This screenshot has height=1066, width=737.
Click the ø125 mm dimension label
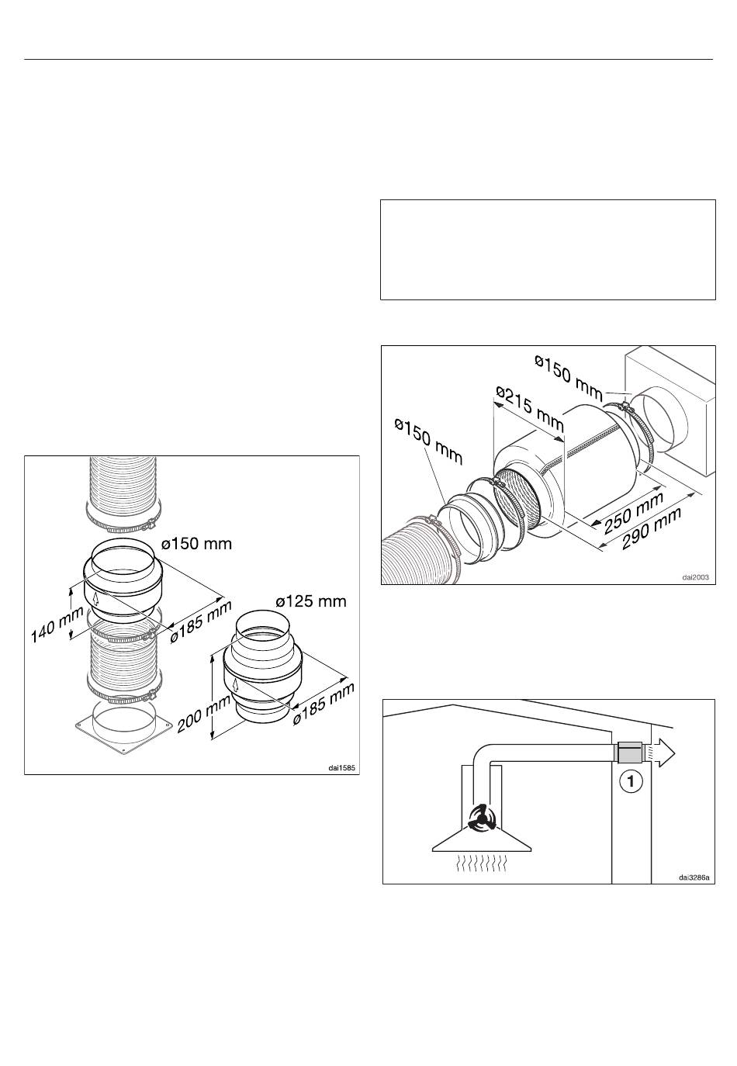click(x=310, y=601)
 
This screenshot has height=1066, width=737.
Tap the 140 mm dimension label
click(x=57, y=624)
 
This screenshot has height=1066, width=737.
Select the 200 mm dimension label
click(x=203, y=712)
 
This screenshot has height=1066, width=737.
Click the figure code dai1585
click(x=341, y=767)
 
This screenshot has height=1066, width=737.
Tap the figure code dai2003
click(x=695, y=577)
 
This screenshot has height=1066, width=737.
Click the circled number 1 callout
click(x=631, y=781)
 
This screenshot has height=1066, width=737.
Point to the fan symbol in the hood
click(x=482, y=818)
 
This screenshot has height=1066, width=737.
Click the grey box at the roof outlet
click(x=628, y=753)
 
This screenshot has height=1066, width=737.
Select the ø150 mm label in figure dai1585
click(x=196, y=544)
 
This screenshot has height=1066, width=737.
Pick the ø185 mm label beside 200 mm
click(x=324, y=704)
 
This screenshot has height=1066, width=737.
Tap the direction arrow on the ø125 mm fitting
click(x=237, y=686)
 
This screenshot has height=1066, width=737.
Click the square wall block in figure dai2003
click(x=670, y=413)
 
